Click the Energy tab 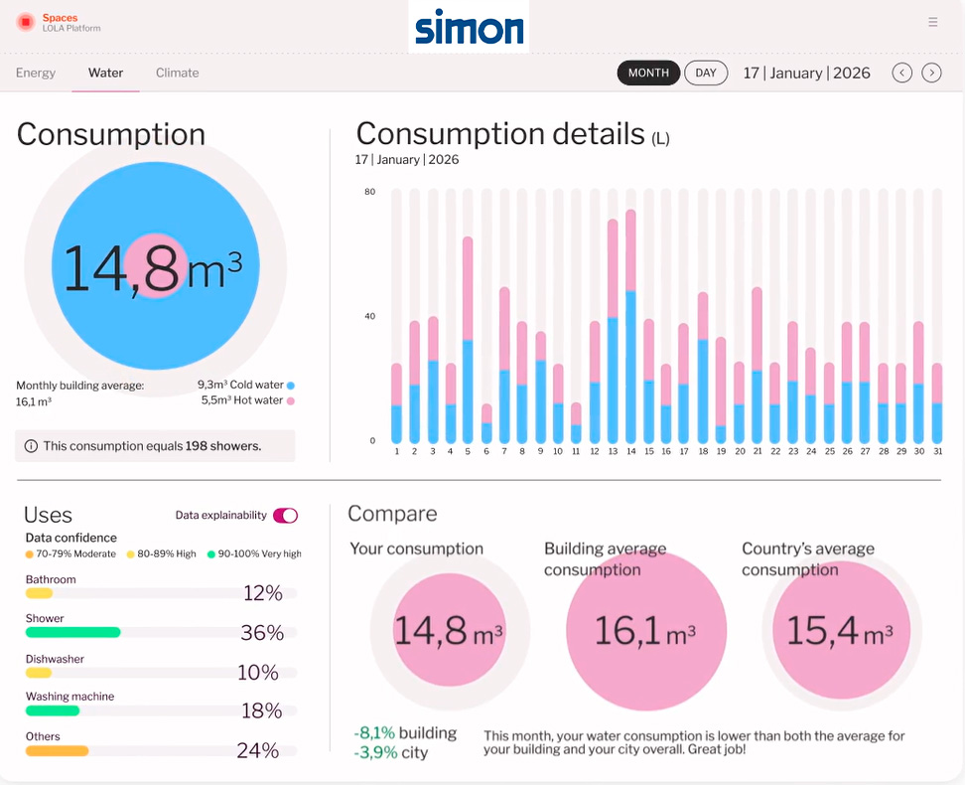point(36,73)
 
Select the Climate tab point(177,73)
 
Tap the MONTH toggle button point(648,73)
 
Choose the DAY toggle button point(706,73)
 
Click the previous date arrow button point(901,73)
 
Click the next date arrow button point(931,73)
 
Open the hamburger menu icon point(932,22)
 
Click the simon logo point(469,27)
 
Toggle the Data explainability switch point(285,515)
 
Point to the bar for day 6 point(486,423)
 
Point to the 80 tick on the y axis point(369,192)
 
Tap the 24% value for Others point(257,751)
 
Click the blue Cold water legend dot point(291,385)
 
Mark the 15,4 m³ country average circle point(841,630)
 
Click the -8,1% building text point(405,733)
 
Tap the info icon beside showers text point(31,446)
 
